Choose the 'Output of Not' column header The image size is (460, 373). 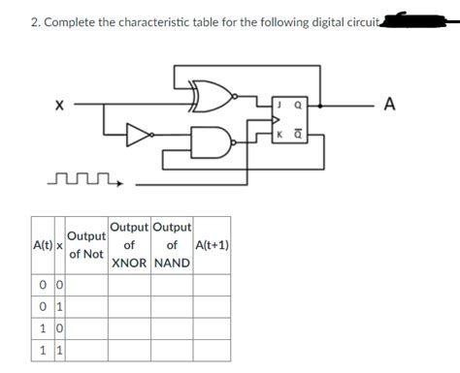coord(87,244)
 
